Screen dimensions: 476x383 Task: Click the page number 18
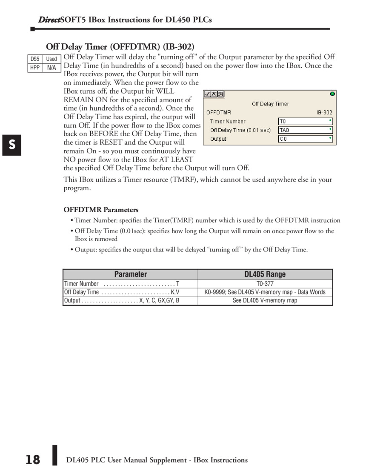click(x=32, y=460)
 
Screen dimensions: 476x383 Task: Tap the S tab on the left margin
click(x=12, y=145)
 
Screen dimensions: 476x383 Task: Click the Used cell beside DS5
click(x=51, y=59)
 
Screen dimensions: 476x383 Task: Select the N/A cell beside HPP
click(x=51, y=68)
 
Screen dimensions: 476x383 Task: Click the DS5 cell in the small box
click(x=35, y=59)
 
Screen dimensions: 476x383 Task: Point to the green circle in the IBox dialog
click(x=332, y=94)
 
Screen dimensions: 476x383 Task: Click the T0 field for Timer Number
click(x=305, y=121)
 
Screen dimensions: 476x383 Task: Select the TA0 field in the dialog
click(x=305, y=130)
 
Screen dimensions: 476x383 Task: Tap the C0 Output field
click(x=305, y=139)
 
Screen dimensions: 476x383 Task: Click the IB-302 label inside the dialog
click(x=324, y=113)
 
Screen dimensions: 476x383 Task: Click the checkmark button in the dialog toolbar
click(x=207, y=94)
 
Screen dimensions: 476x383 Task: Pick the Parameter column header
click(x=130, y=274)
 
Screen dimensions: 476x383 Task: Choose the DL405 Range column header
click(x=265, y=274)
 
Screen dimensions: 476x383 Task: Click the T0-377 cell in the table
click(x=265, y=284)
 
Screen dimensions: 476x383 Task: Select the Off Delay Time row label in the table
click(x=81, y=292)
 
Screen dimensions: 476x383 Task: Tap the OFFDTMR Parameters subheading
click(x=101, y=210)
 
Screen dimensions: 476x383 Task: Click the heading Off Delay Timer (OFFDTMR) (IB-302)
click(x=120, y=47)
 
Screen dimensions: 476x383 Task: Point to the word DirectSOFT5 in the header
click(x=62, y=20)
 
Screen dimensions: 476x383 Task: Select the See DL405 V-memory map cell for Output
click(x=265, y=300)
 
